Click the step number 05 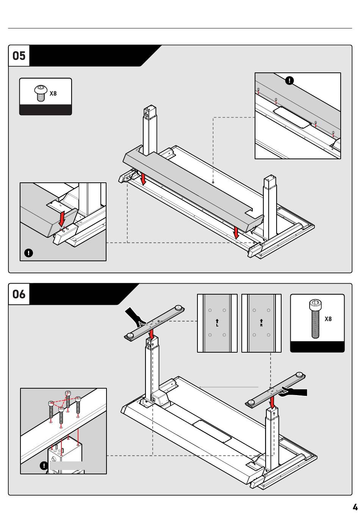(19, 56)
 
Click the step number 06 (19, 294)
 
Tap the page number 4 (355, 507)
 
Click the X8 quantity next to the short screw (53, 93)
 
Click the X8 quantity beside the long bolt (328, 319)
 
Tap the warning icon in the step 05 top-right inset (290, 80)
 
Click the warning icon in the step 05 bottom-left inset (29, 253)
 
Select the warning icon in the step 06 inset (44, 465)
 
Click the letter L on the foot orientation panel (217, 325)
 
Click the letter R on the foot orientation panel (261, 325)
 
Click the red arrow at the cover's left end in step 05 (143, 179)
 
